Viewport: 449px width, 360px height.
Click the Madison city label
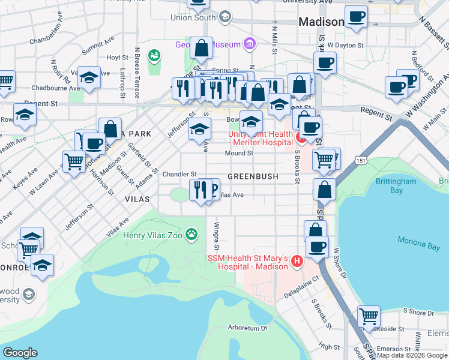coord(322,22)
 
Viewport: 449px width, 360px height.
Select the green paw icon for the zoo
coord(191,234)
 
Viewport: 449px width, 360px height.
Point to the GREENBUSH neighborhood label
coord(253,177)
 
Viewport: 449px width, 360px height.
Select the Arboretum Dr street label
coord(247,328)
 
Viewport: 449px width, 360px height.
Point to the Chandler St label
coord(179,174)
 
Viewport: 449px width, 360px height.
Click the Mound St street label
coord(240,153)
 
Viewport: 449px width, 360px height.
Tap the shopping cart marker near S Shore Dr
coord(369,316)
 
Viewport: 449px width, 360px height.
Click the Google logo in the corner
coord(20,353)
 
